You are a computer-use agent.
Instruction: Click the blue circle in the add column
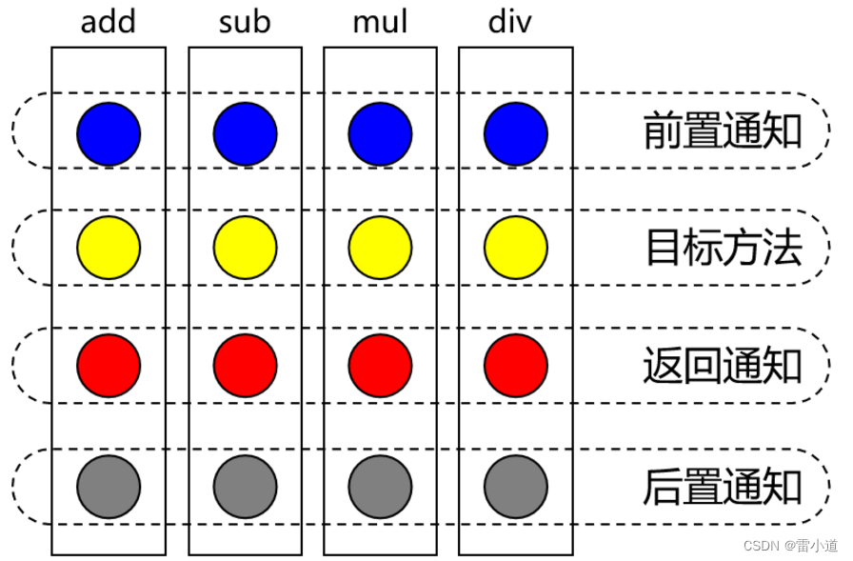click(x=109, y=131)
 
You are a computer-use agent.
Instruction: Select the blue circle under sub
click(x=245, y=131)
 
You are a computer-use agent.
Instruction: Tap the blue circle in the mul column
click(x=381, y=131)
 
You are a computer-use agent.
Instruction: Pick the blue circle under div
click(x=516, y=131)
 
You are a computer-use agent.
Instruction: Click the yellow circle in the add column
click(x=109, y=248)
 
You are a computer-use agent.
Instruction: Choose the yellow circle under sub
click(x=245, y=248)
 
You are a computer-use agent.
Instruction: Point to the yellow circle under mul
click(x=381, y=248)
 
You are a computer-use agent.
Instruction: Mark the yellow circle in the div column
click(x=516, y=248)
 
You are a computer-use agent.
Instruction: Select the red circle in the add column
click(x=109, y=365)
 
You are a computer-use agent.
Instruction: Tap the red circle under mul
click(x=381, y=365)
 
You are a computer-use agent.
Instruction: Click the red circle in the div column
click(x=516, y=365)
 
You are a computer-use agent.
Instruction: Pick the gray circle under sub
click(x=245, y=487)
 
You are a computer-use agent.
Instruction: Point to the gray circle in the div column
click(x=516, y=487)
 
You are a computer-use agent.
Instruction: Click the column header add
click(x=108, y=22)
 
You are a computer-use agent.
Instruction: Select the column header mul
click(x=380, y=22)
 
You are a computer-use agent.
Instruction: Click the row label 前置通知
click(x=723, y=131)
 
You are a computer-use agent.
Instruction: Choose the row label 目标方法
click(x=723, y=248)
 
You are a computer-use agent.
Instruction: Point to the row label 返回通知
click(x=723, y=366)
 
